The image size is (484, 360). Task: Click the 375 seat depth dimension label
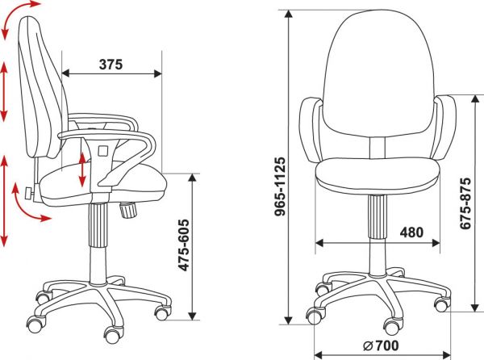click(111, 65)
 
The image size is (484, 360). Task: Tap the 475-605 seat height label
click(184, 245)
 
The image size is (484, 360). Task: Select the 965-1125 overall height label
click(281, 186)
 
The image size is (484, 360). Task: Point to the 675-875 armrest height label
click(465, 203)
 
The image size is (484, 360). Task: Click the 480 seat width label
click(411, 232)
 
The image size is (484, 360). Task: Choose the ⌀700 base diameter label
click(381, 345)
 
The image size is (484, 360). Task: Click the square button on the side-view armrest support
click(103, 151)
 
